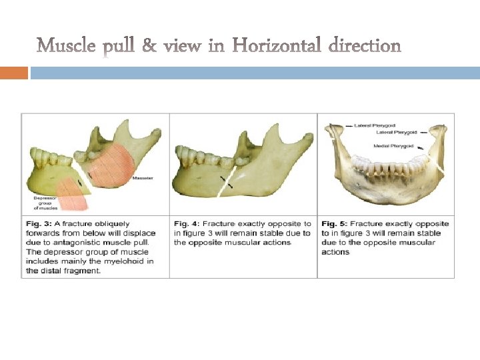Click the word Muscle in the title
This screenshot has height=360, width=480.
pos(65,46)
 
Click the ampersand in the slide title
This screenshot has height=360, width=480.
pos(151,46)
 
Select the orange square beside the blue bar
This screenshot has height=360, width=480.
pos(13,73)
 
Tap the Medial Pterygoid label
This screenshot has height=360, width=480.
pos(393,145)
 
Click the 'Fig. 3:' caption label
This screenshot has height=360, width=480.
pos(38,224)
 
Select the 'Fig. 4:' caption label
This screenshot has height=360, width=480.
pos(187,224)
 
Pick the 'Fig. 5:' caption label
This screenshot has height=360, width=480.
pos(335,224)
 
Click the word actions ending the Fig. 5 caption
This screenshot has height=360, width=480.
pos(335,252)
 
